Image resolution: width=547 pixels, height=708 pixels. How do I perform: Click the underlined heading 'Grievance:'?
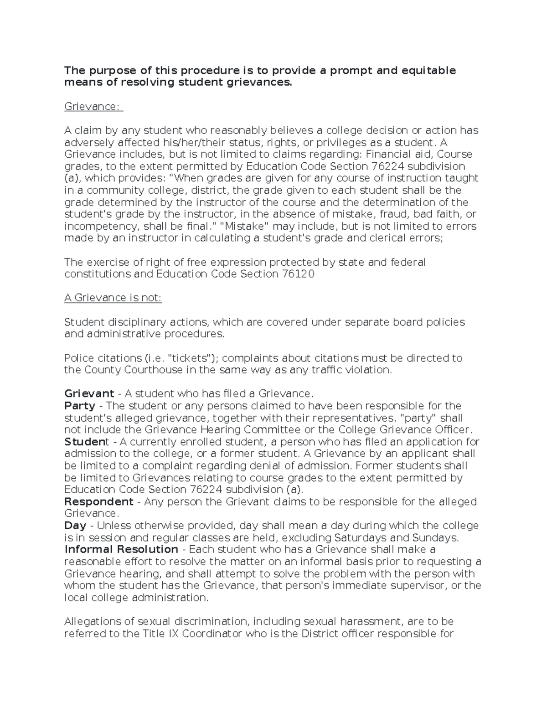click(93, 106)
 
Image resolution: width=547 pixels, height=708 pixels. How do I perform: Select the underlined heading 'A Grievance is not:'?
click(113, 298)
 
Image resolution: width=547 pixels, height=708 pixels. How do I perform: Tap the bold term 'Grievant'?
click(89, 393)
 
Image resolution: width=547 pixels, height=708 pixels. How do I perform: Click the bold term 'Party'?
click(80, 406)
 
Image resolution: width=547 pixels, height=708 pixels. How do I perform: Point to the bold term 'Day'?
click(75, 525)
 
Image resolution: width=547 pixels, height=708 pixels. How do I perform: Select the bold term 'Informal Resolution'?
click(121, 549)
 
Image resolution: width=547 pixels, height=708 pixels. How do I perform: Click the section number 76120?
click(296, 274)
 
